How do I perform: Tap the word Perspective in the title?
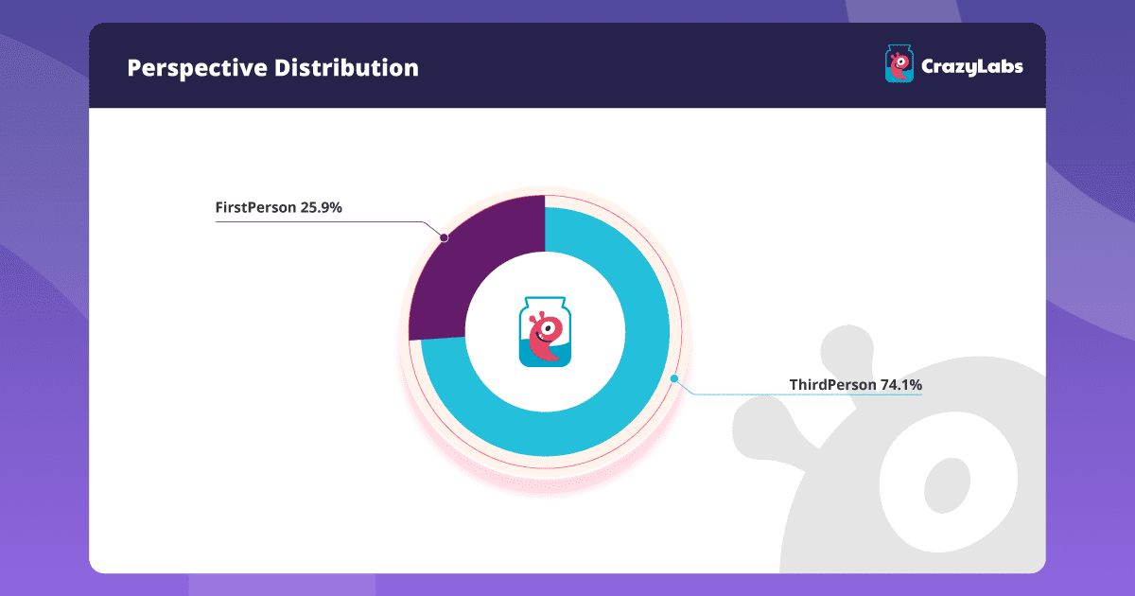pos(197,68)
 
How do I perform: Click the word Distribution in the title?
pos(346,67)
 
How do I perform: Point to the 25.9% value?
pos(322,207)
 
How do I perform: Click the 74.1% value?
pos(901,385)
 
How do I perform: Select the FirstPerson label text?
pos(256,207)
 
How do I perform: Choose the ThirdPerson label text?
pos(833,385)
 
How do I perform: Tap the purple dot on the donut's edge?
pos(444,237)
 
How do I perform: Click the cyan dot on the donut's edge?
pos(673,378)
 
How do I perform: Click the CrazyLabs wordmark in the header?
pos(972,67)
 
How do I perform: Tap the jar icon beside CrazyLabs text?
pos(899,63)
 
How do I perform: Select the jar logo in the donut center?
pos(545,331)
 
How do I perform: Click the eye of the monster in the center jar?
pos(548,328)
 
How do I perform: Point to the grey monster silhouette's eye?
pos(947,485)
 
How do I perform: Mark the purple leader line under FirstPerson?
pos(329,222)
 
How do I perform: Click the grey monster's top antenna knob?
pos(847,350)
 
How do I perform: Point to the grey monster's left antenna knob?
pos(760,429)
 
